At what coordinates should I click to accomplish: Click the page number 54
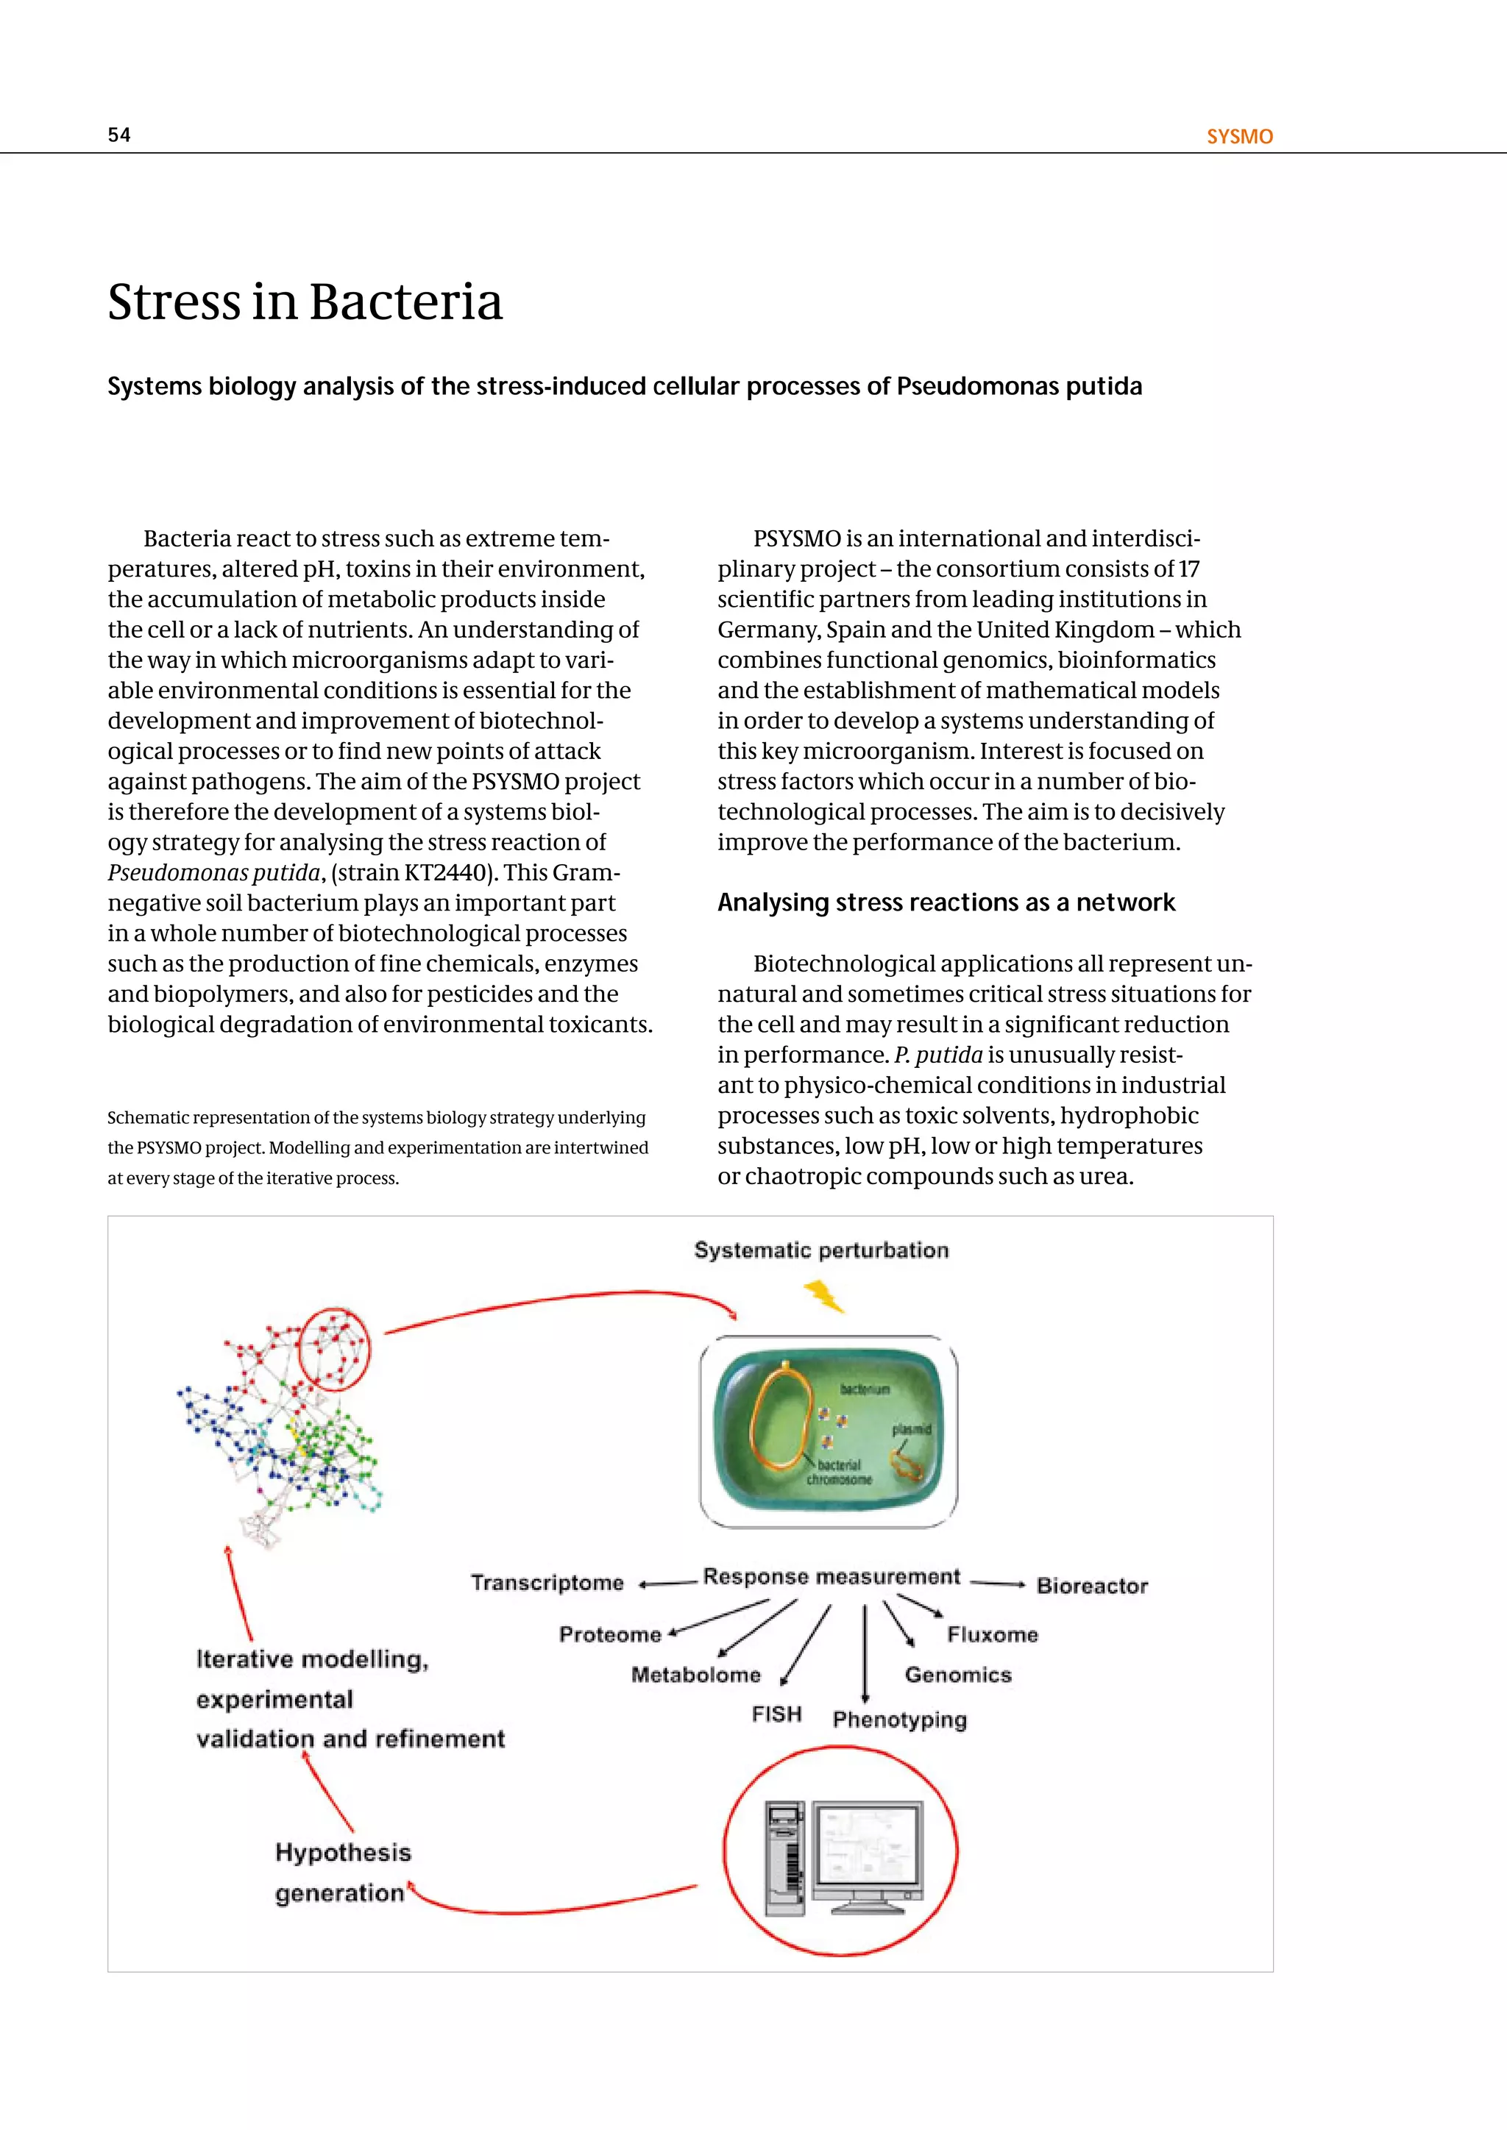118,135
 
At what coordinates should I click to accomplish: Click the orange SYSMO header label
1239,136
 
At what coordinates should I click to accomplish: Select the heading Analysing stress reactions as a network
946,902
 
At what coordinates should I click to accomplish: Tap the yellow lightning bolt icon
823,1296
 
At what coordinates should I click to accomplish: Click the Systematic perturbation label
821,1250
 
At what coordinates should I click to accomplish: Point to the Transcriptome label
547,1582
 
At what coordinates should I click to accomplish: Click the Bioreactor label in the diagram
1091,1586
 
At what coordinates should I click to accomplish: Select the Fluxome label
992,1634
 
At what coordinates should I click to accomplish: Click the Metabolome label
695,1675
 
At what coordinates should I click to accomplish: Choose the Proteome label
610,1634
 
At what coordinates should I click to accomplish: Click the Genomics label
957,1675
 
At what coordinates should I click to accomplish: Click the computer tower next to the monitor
785,1858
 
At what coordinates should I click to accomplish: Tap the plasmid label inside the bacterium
910,1430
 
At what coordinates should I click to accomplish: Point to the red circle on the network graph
335,1349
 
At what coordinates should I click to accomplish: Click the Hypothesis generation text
341,1872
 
